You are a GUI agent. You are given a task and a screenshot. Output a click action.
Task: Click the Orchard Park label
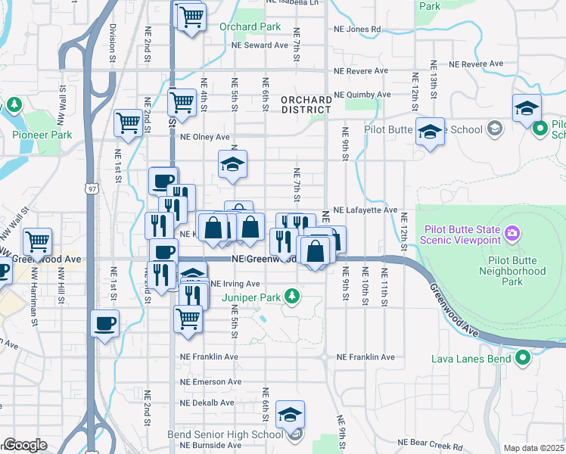pos(250,27)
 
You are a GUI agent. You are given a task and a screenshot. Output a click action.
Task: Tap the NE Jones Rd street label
pos(357,30)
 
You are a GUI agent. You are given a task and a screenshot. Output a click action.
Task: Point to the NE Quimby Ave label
pos(362,95)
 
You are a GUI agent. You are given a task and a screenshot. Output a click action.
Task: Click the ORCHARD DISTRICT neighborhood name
pos(306,105)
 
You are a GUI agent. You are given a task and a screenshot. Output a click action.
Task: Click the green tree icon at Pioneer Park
pos(14,104)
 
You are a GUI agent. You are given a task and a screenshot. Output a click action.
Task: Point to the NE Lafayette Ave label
pos(365,210)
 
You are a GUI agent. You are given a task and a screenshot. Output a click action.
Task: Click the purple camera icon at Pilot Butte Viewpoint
pos(512,232)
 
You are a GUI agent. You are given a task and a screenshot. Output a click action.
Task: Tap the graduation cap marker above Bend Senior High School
pos(290,413)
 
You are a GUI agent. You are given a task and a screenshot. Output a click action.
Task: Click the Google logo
pos(25,445)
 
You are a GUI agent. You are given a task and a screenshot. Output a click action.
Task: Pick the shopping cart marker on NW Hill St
pos(37,241)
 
